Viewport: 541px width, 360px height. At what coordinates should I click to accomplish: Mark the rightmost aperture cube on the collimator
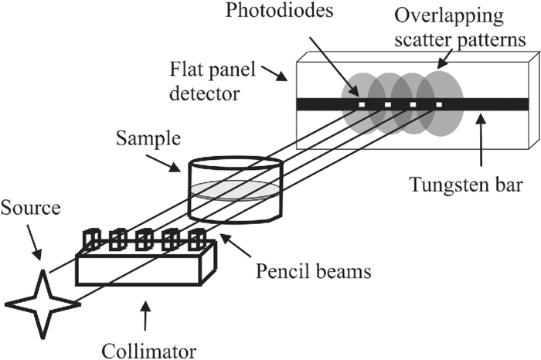(196, 239)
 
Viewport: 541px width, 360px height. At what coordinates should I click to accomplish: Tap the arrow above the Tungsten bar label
(478, 140)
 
